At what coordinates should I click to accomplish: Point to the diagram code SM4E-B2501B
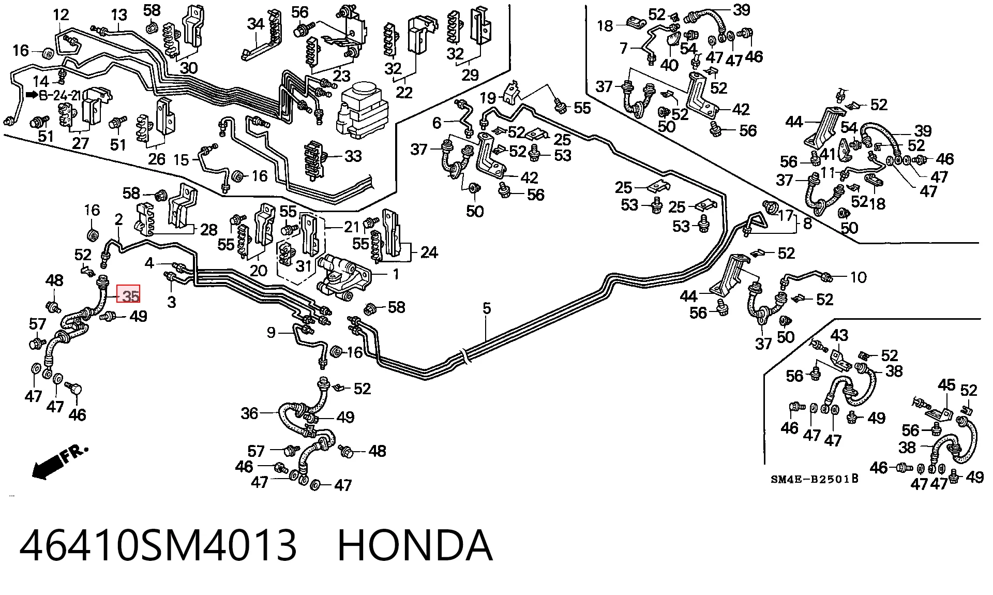815,479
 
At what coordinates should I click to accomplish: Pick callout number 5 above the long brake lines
487,309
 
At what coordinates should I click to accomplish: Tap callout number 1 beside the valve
396,274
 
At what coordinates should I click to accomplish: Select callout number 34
255,24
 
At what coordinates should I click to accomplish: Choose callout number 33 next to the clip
353,156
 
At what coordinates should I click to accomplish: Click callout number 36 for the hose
249,413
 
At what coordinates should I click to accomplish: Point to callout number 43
839,335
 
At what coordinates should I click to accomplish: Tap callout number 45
946,385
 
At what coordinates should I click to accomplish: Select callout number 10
859,277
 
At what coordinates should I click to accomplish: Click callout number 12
61,15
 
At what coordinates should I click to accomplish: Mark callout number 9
272,332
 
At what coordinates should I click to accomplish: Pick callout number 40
669,65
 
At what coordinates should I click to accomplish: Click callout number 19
488,98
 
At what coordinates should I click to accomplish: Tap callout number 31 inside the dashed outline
304,266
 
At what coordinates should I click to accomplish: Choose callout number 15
181,159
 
